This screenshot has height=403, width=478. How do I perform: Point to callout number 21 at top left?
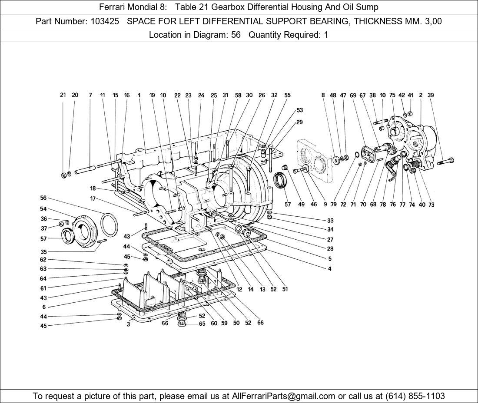[63, 95]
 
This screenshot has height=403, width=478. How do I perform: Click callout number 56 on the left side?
[43, 198]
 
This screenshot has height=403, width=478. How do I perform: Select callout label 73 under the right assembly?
[431, 205]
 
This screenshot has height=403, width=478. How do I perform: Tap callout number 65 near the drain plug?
[202, 324]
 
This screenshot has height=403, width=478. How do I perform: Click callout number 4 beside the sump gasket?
[329, 269]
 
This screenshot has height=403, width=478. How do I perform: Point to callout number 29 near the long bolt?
[299, 122]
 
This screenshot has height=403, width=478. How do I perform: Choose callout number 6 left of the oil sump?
[44, 307]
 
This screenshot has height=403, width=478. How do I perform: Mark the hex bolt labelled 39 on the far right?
[446, 162]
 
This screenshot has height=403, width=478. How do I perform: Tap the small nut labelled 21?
[64, 175]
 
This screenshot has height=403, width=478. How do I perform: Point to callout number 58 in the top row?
[238, 95]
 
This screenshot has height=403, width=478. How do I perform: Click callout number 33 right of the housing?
[330, 221]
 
